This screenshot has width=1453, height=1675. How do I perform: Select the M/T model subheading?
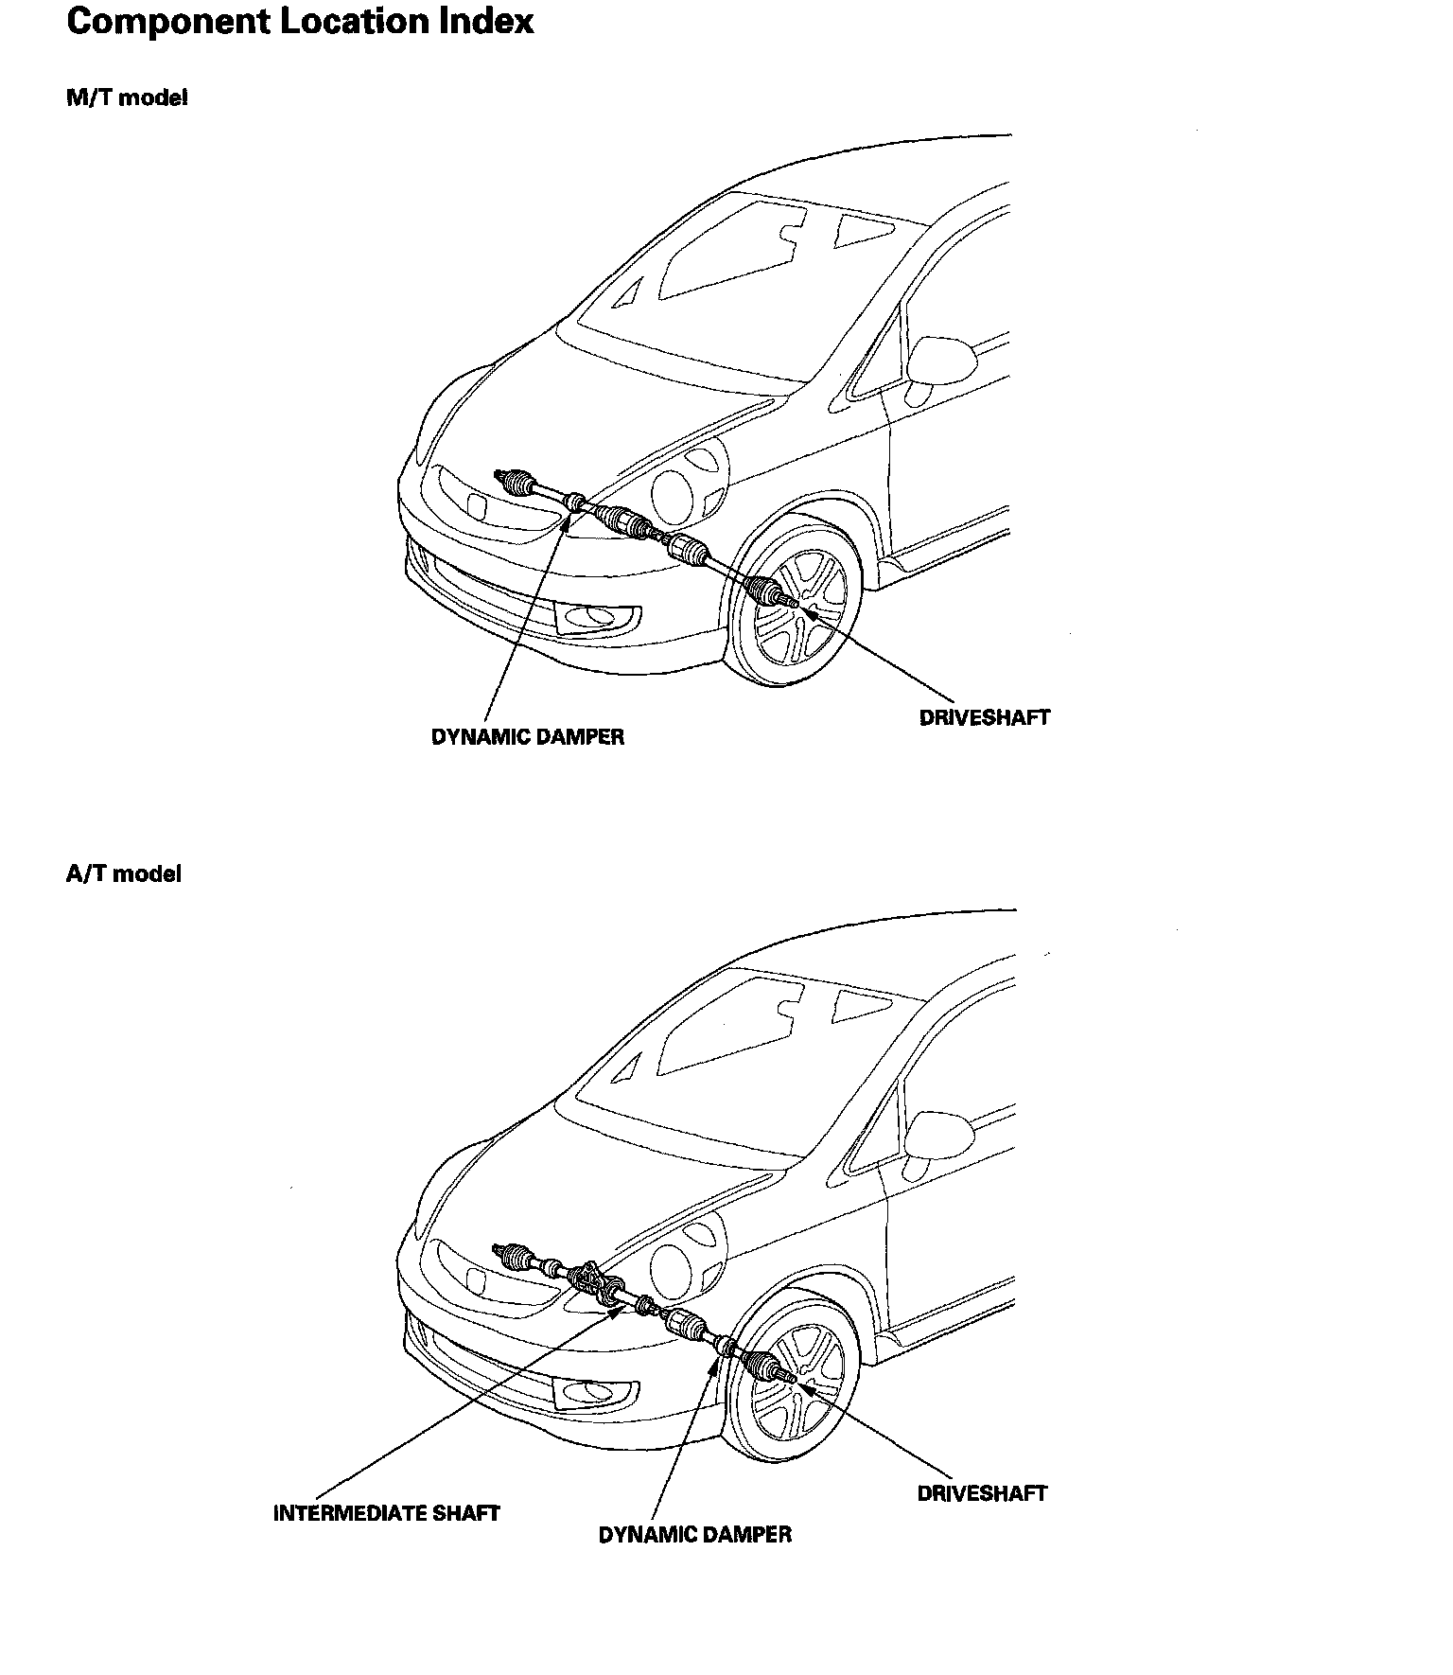(127, 97)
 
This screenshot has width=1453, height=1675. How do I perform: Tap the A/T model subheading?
(123, 873)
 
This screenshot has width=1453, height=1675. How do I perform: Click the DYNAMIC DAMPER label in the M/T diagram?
(528, 736)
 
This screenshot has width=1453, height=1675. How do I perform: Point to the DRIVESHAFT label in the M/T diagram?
(984, 717)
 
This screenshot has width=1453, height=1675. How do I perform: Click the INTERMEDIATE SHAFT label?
(386, 1512)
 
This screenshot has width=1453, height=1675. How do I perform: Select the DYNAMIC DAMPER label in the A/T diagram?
(694, 1534)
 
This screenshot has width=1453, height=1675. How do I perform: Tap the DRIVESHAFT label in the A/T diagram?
(982, 1493)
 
